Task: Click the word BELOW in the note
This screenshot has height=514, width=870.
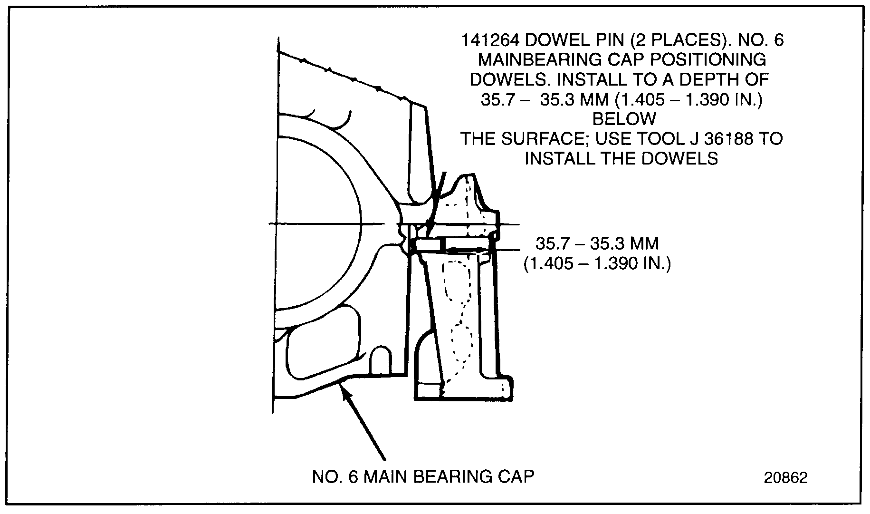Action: click(x=624, y=119)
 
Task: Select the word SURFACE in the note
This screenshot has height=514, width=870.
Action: click(x=542, y=139)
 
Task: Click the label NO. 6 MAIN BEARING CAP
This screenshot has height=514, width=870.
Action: click(x=423, y=477)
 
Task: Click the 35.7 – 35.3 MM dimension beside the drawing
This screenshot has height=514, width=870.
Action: click(x=597, y=244)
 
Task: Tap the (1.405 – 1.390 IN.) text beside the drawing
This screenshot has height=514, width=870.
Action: click(x=597, y=263)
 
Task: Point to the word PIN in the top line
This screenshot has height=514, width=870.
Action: click(x=615, y=40)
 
